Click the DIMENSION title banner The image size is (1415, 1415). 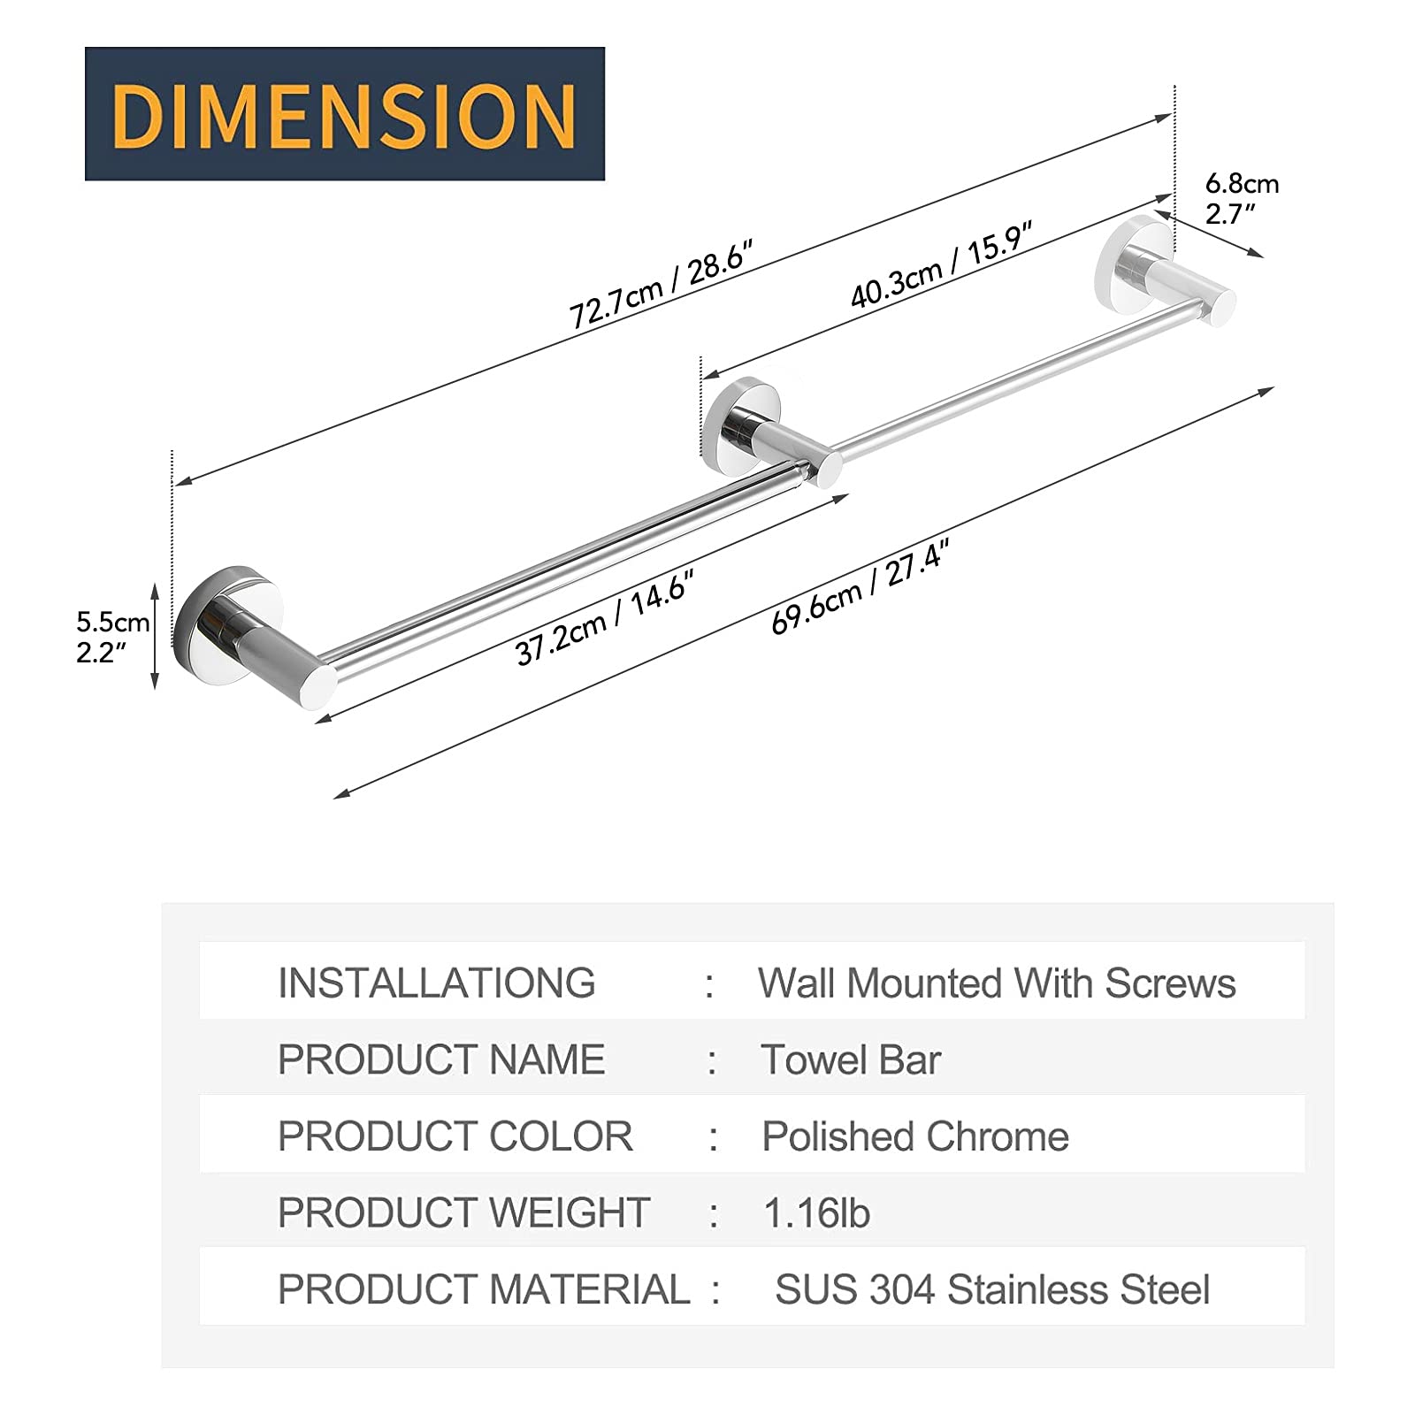(344, 114)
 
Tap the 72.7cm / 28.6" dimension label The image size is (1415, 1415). (662, 285)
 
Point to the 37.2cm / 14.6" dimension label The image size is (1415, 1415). (604, 616)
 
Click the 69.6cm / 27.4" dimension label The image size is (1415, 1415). (860, 588)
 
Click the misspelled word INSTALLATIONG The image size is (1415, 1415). (436, 983)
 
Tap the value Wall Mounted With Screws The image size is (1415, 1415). (997, 983)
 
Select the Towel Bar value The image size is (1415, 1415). (851, 1059)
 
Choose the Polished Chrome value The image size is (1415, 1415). (915, 1136)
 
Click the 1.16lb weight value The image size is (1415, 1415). (816, 1212)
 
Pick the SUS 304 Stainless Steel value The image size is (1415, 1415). (991, 1289)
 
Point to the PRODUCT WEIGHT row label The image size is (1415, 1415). (463, 1212)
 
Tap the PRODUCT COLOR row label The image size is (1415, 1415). (455, 1136)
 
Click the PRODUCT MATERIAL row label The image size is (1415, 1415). (483, 1289)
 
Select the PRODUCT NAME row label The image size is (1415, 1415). (441, 1059)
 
